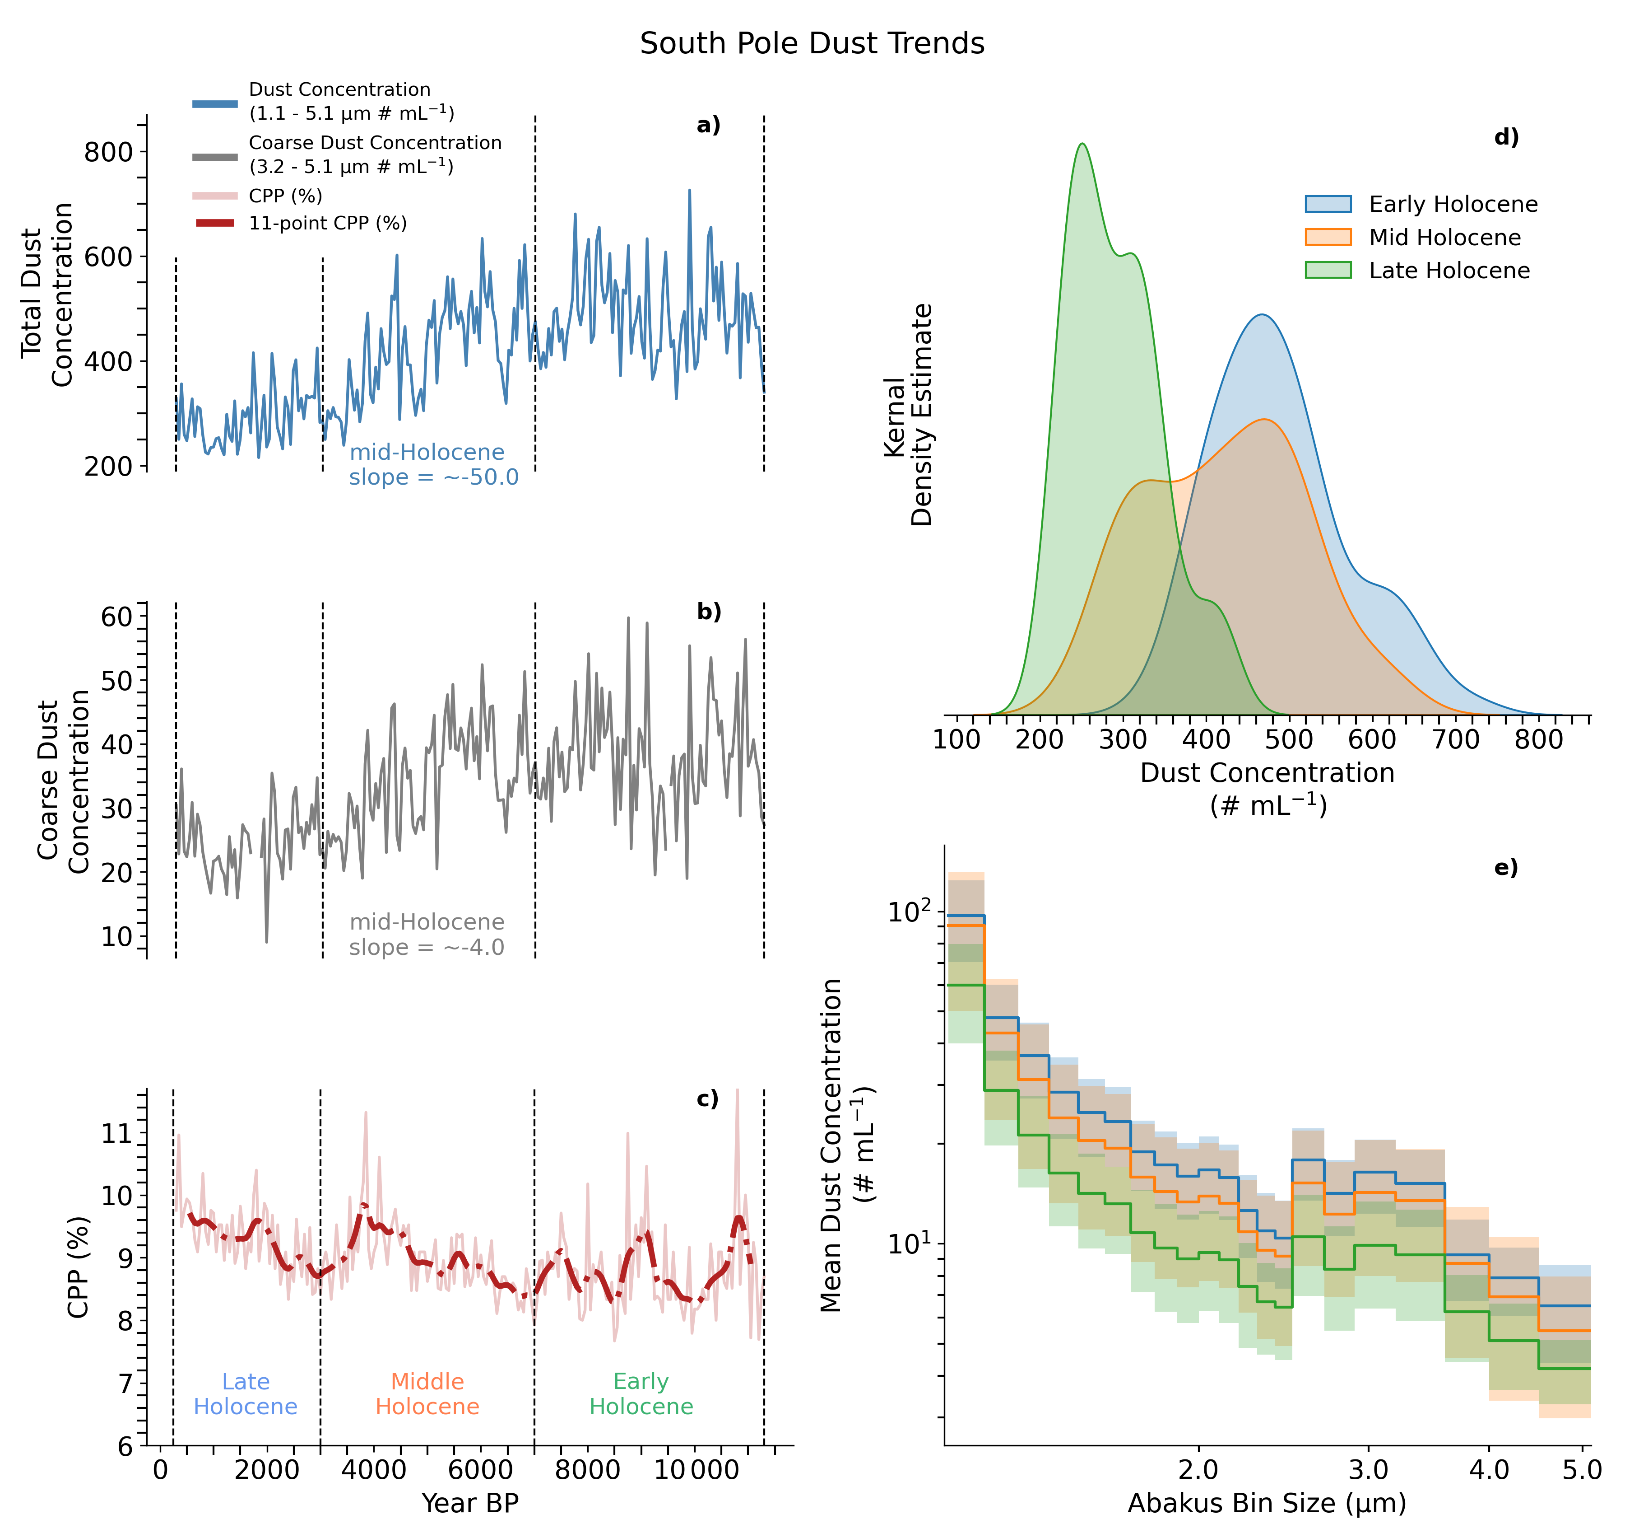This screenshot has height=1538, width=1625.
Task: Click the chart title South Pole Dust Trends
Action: pyautogui.click(x=812, y=43)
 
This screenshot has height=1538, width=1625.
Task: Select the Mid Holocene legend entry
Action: pyautogui.click(x=1413, y=238)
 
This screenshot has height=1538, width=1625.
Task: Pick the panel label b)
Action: pyautogui.click(x=709, y=612)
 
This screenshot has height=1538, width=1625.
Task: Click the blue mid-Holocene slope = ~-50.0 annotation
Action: pyautogui.click(x=433, y=465)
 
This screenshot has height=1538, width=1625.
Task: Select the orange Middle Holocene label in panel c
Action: pyautogui.click(x=427, y=1394)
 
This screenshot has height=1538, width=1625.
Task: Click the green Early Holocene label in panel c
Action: pyautogui.click(x=641, y=1394)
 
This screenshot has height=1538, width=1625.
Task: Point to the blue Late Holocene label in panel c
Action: pyautogui.click(x=245, y=1394)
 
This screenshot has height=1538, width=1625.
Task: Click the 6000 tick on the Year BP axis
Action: pyautogui.click(x=480, y=1470)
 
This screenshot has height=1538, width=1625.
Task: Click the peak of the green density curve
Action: pyautogui.click(x=1082, y=144)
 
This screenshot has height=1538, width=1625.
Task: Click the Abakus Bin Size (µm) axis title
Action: pyautogui.click(x=1267, y=1503)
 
